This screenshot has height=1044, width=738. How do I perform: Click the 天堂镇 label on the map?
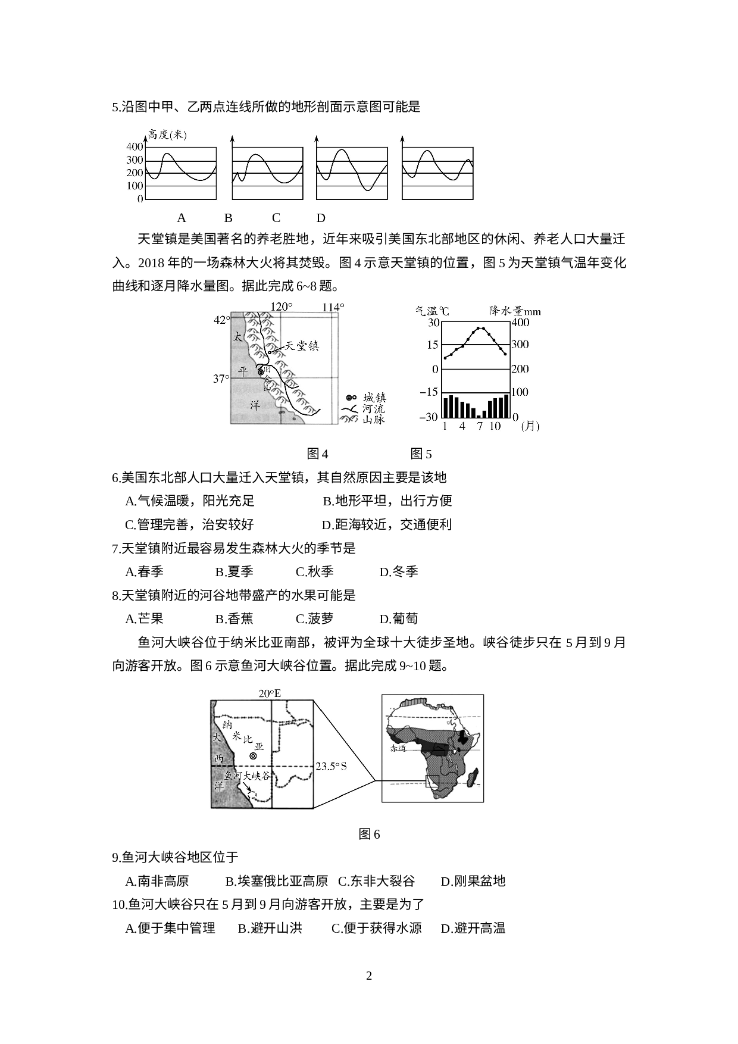302,346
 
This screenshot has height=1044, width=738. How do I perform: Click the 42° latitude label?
221,320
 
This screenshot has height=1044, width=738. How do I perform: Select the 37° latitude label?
221,379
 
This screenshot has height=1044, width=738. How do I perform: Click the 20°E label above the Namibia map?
270,693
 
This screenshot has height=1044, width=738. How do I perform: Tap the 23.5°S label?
331,766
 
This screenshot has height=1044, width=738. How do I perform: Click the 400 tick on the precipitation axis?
520,323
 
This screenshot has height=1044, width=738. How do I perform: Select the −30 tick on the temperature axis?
429,417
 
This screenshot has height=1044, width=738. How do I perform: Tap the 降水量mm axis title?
515,311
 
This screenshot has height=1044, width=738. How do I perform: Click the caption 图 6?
369,834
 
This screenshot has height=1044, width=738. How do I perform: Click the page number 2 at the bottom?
369,976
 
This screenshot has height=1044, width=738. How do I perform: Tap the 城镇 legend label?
374,398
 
